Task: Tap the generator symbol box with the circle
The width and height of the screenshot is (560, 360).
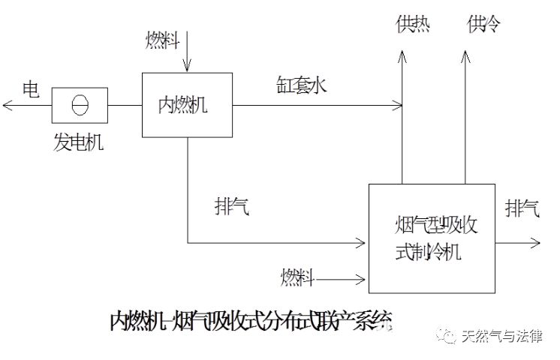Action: [x=80, y=105]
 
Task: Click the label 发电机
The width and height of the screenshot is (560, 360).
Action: [x=78, y=142]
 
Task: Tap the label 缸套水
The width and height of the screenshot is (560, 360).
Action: [x=300, y=85]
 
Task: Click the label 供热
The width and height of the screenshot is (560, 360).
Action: [x=413, y=25]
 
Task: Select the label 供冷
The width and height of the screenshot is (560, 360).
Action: [x=483, y=25]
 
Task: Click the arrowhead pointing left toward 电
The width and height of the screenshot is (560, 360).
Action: [x=8, y=105]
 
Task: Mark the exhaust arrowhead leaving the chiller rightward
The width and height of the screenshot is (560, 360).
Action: [x=534, y=242]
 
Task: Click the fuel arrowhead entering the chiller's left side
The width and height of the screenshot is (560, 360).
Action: [x=363, y=280]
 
